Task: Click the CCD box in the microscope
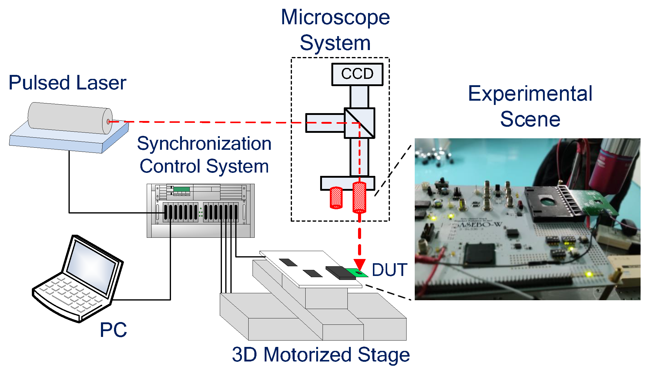(x=357, y=74)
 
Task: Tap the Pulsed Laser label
(x=67, y=82)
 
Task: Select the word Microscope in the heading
(x=335, y=17)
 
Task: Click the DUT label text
(x=389, y=270)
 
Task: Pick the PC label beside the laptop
(x=113, y=330)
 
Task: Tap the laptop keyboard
(x=70, y=293)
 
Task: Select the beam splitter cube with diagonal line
(x=360, y=123)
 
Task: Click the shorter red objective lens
(x=336, y=197)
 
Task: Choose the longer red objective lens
(x=359, y=197)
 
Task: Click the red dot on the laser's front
(x=108, y=122)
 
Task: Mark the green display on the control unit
(x=182, y=189)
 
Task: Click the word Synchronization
(x=204, y=143)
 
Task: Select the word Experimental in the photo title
(x=530, y=93)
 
